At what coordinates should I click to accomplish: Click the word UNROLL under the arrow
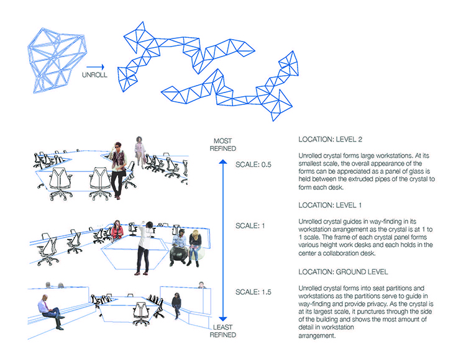point(94,74)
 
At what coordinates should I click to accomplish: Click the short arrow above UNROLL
point(96,67)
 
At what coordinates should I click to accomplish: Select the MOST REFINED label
point(222,145)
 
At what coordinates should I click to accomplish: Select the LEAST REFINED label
point(223,331)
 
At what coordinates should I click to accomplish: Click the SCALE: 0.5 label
point(254,164)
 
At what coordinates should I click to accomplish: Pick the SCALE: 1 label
point(250,226)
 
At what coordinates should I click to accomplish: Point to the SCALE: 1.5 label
point(254,292)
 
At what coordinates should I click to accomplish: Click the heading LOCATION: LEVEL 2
point(330,140)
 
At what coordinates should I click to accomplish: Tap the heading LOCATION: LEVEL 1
point(330,205)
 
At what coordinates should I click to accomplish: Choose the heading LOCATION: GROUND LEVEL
point(343,272)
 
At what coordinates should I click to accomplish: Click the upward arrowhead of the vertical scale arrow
point(223,161)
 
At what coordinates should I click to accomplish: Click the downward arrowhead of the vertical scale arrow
point(223,320)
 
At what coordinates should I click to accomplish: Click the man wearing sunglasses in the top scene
point(118,170)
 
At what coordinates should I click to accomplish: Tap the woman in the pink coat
point(139,151)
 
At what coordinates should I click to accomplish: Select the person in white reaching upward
point(144,248)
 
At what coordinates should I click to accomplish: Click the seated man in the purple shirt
point(50,312)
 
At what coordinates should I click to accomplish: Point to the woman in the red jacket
point(117,230)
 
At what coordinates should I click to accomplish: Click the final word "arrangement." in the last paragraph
point(317,336)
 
